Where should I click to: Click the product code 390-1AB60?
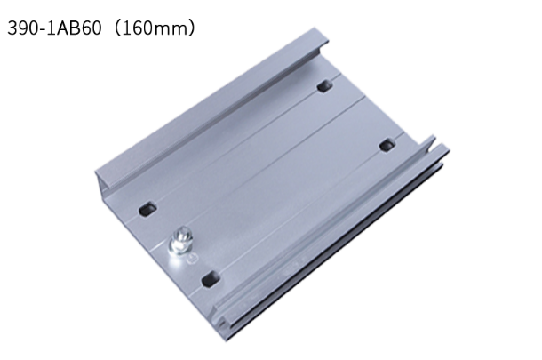pos(54,28)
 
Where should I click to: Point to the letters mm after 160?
pos(168,30)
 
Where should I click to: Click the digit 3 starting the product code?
pos(12,28)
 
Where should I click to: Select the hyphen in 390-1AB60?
pos(43,30)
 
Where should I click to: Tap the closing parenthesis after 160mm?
pos(191,28)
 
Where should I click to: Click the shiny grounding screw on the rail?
pos(179,239)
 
